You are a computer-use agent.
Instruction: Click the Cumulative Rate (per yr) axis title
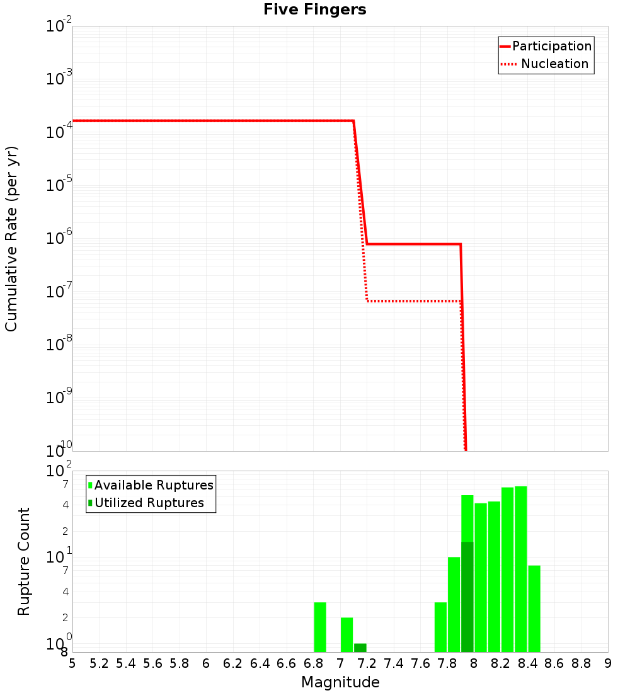[x=12, y=239]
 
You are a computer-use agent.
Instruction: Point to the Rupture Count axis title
[x=25, y=561]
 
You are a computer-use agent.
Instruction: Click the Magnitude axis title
[x=340, y=682]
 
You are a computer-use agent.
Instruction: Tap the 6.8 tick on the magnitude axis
[x=313, y=663]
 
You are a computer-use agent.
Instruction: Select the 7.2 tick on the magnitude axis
[x=367, y=663]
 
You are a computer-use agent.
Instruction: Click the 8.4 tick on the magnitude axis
[x=527, y=663]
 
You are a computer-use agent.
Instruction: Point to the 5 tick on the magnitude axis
[x=72, y=663]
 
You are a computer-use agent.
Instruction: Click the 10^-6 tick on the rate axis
[x=60, y=238]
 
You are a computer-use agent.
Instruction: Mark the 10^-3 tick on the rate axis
[x=60, y=79]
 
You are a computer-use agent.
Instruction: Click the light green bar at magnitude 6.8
[x=320, y=627]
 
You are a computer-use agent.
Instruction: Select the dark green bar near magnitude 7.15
[x=360, y=648]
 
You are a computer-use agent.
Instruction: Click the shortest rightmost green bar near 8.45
[x=534, y=609]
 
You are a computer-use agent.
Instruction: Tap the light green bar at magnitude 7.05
[x=346, y=634]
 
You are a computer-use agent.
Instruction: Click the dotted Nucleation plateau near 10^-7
[x=413, y=301]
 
